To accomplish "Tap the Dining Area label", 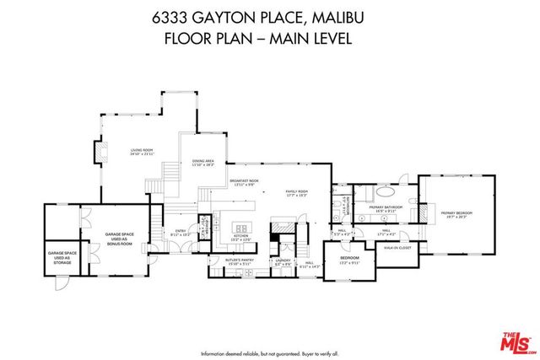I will click(203, 164).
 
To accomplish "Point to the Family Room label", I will click(296, 194).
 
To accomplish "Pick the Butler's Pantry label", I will click(239, 262).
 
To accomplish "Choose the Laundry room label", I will click(282, 262).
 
